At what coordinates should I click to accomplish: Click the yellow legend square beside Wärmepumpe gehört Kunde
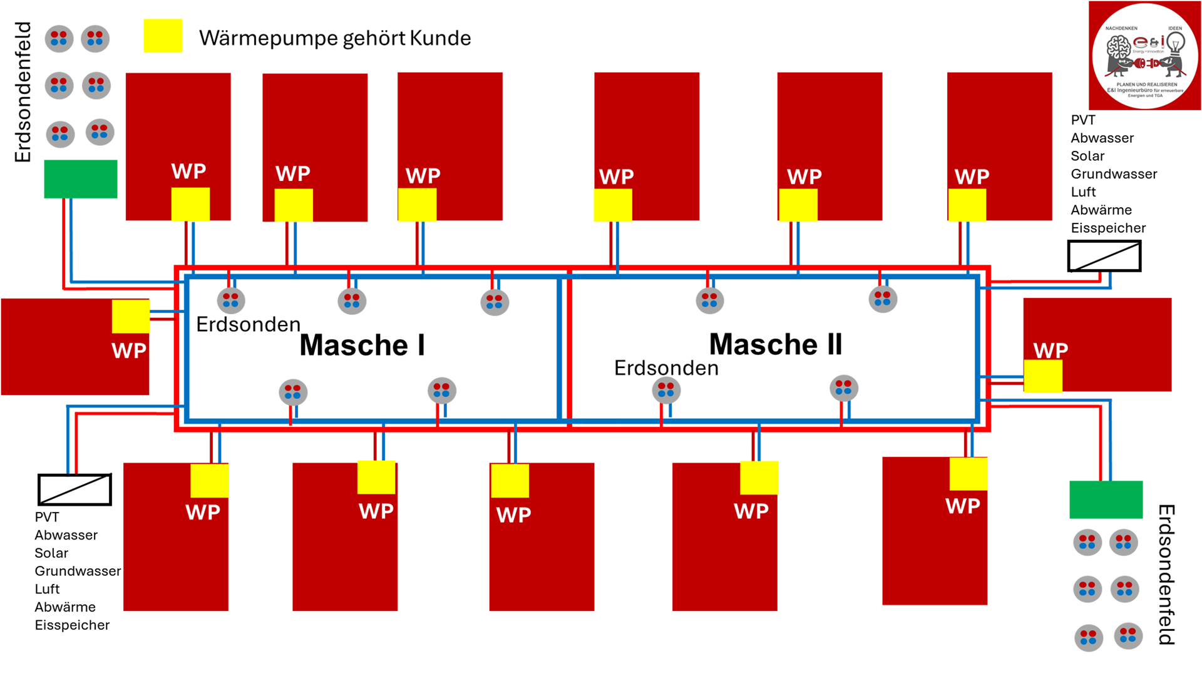pos(163,36)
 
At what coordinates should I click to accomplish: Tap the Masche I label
pos(362,346)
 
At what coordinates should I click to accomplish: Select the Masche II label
pos(775,344)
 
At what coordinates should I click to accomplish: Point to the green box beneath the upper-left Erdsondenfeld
pos(80,179)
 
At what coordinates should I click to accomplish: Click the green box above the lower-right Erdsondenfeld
pos(1106,499)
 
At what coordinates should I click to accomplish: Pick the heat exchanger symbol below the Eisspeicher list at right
pos(1104,256)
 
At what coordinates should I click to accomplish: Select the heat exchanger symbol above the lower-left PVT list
pos(74,489)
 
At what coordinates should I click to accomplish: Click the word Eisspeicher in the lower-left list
pos(72,625)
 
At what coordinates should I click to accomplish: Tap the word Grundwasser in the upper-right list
pos(1114,174)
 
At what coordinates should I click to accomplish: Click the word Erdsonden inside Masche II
pos(666,368)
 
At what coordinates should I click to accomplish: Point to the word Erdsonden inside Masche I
pos(248,324)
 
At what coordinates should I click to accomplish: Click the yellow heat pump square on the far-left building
pos(130,316)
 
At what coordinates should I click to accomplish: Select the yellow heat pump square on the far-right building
pos(1042,376)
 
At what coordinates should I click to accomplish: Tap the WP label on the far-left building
pos(129,351)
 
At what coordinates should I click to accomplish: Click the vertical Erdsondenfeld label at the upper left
pos(23,92)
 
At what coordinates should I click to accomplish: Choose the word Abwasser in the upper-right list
pos(1102,138)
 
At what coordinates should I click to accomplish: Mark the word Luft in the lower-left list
pos(47,589)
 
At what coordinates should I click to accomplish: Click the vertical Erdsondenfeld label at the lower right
pos(1166,575)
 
